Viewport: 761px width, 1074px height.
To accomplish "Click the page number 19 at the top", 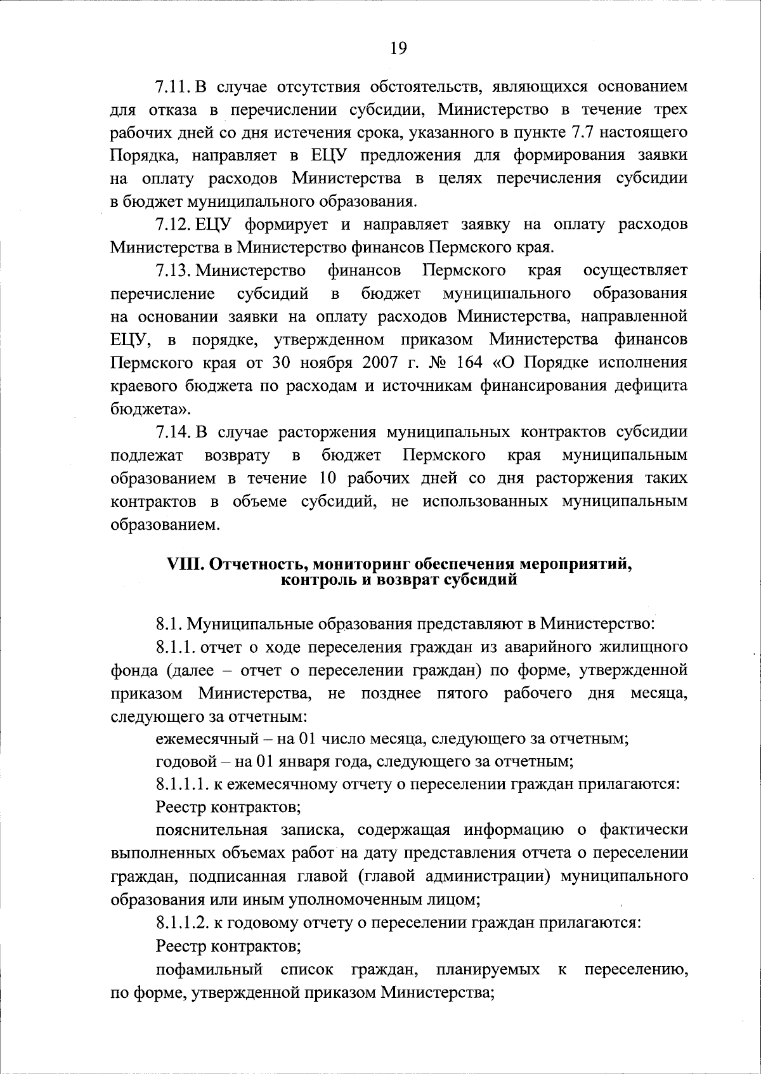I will pos(398,49).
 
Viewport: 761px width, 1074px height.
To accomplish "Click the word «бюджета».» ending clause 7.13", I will pos(142,409).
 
